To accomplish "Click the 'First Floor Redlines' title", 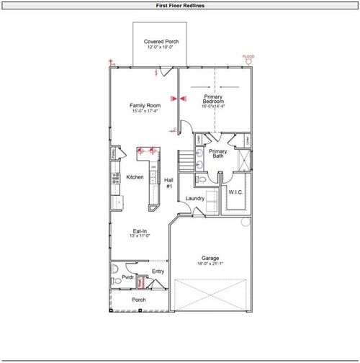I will [x=179, y=5].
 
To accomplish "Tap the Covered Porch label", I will [x=161, y=42].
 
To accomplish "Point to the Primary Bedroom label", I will [x=213, y=99].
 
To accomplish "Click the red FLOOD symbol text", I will [x=248, y=56].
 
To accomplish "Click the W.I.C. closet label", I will [x=236, y=192].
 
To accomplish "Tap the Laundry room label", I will [x=195, y=198].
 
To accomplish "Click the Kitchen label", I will [x=135, y=177].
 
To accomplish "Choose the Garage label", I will [x=210, y=258].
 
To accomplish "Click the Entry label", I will [x=158, y=271].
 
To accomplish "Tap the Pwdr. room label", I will [x=127, y=277].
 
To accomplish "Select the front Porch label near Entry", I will [x=139, y=300].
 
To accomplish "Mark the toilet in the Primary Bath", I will [x=202, y=179].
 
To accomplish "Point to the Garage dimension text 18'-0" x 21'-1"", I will [x=210, y=264].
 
